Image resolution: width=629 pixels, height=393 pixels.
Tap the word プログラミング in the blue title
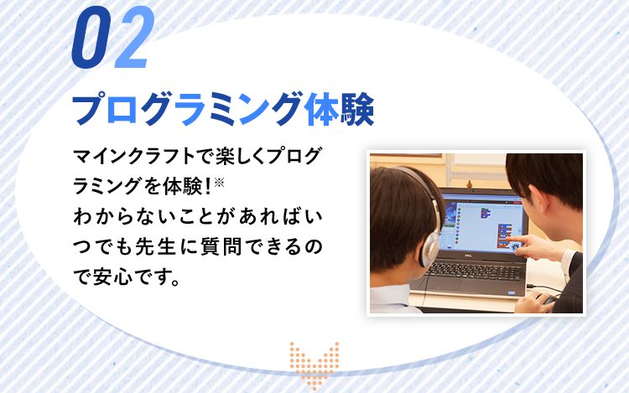pos(186,110)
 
